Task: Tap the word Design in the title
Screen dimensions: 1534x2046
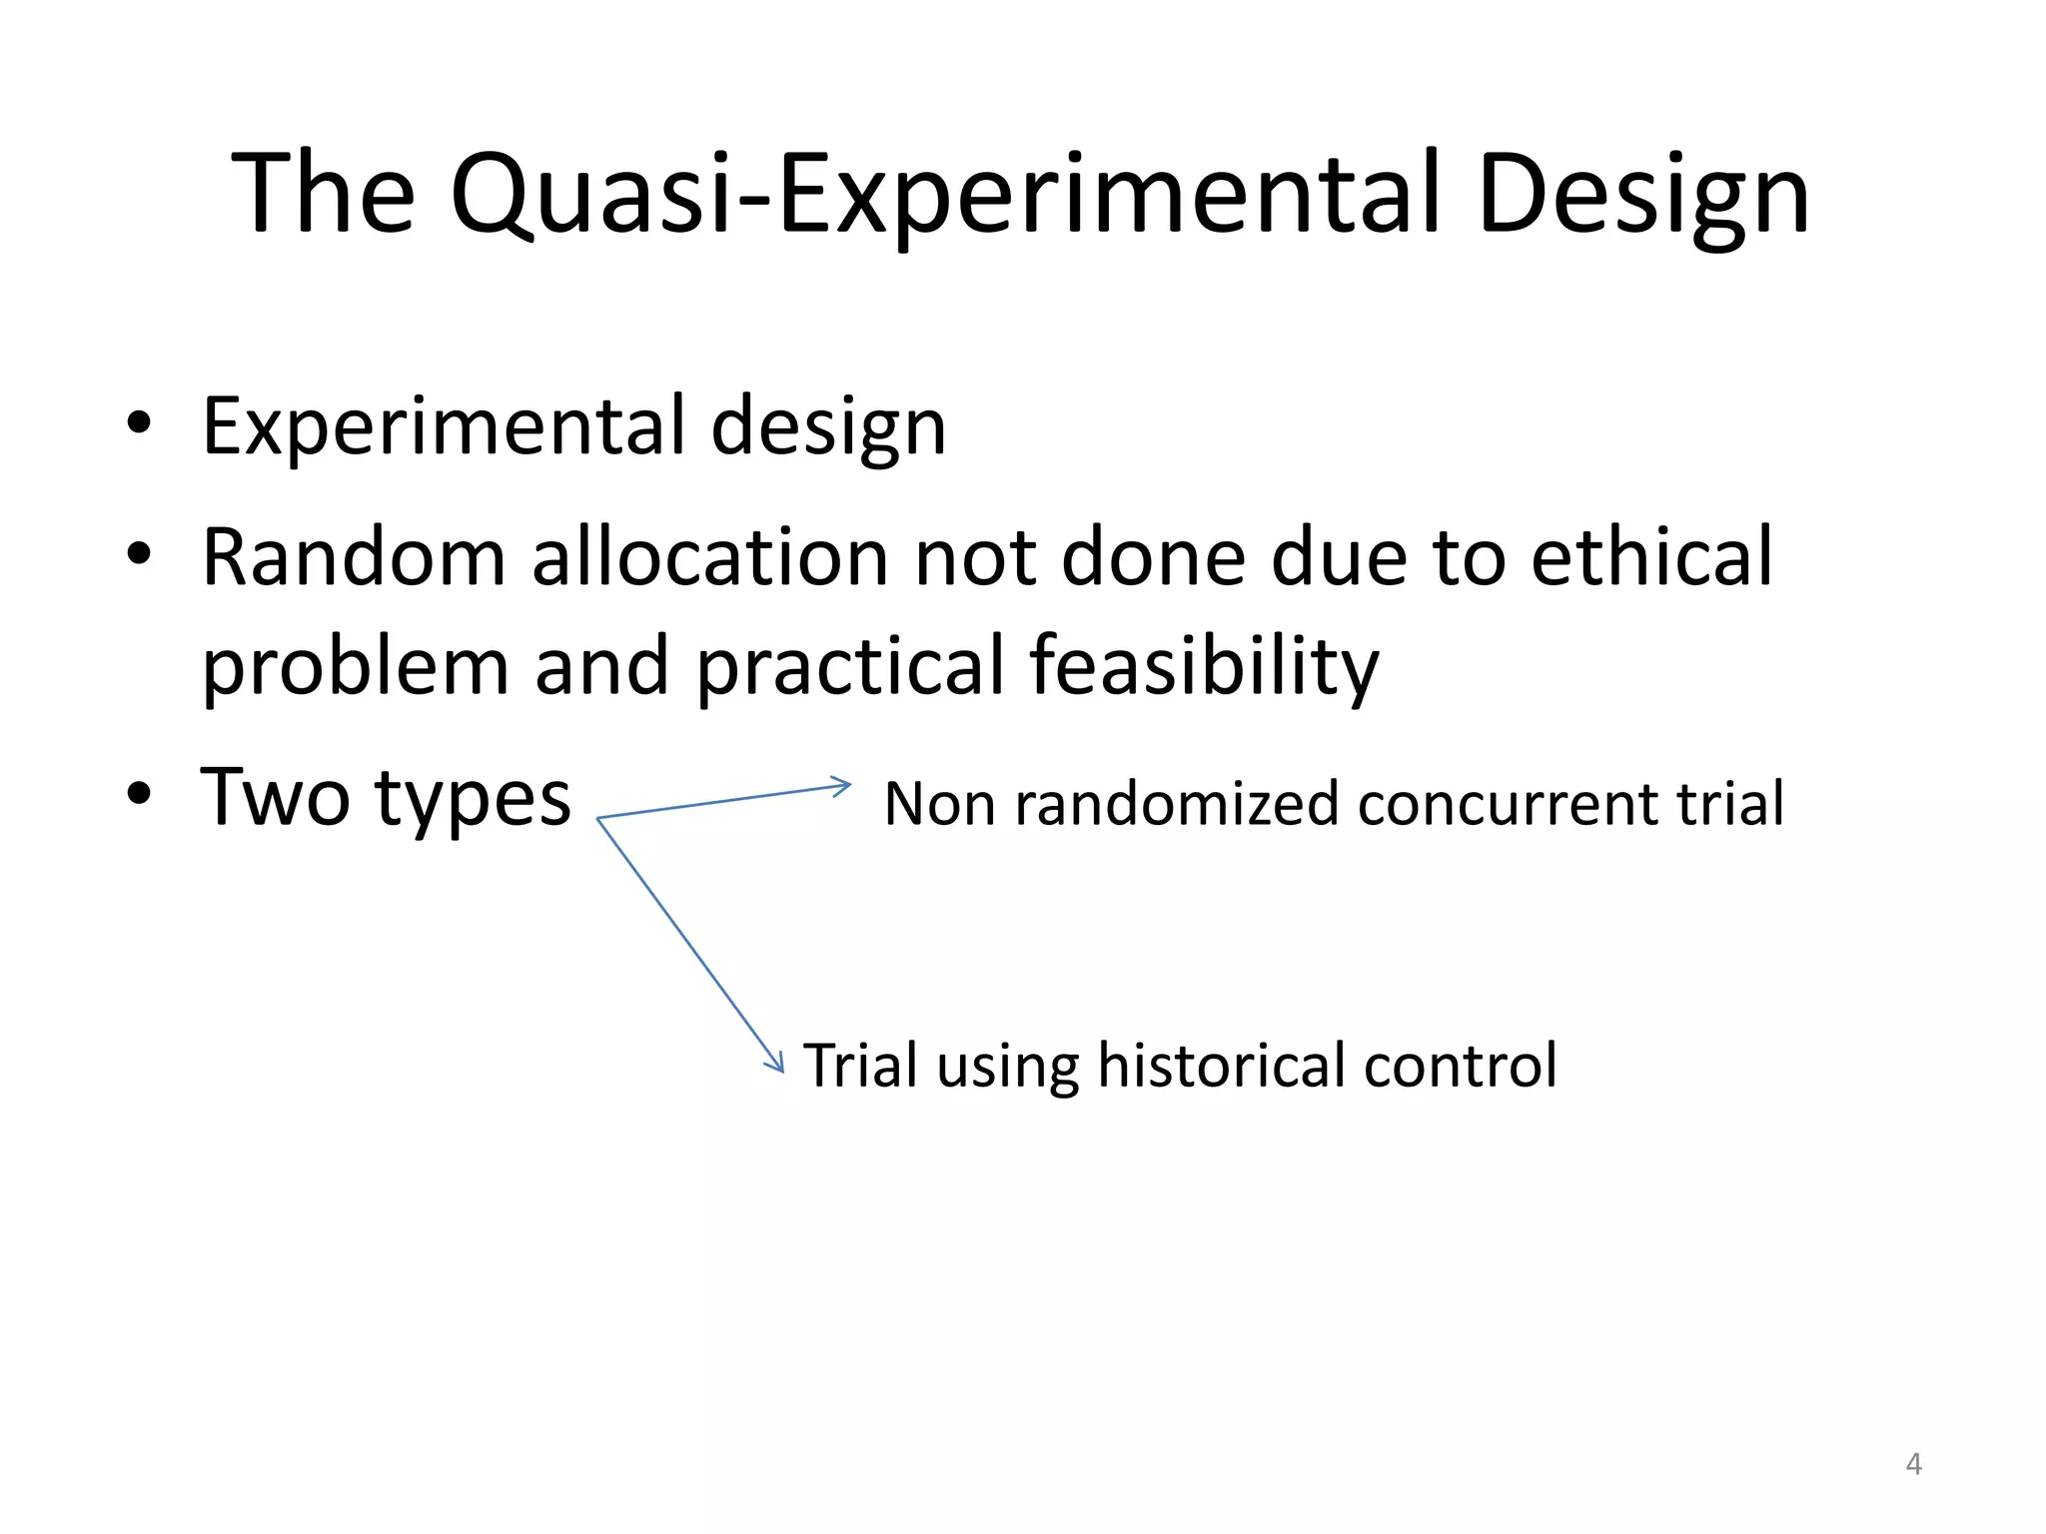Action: pyautogui.click(x=1642, y=194)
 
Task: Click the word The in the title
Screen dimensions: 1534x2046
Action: pyautogui.click(x=323, y=194)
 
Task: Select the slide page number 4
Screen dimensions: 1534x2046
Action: pyautogui.click(x=1913, y=1464)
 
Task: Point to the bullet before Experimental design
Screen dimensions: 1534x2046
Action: pyautogui.click(x=139, y=423)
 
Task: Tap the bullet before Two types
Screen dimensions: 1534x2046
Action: pyautogui.click(x=139, y=794)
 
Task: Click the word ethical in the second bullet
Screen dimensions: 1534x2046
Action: pyautogui.click(x=1651, y=556)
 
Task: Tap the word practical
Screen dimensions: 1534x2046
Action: pyautogui.click(x=849, y=666)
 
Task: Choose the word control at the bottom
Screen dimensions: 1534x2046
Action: pyautogui.click(x=1460, y=1065)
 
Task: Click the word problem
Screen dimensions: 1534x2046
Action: pyautogui.click(x=355, y=666)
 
